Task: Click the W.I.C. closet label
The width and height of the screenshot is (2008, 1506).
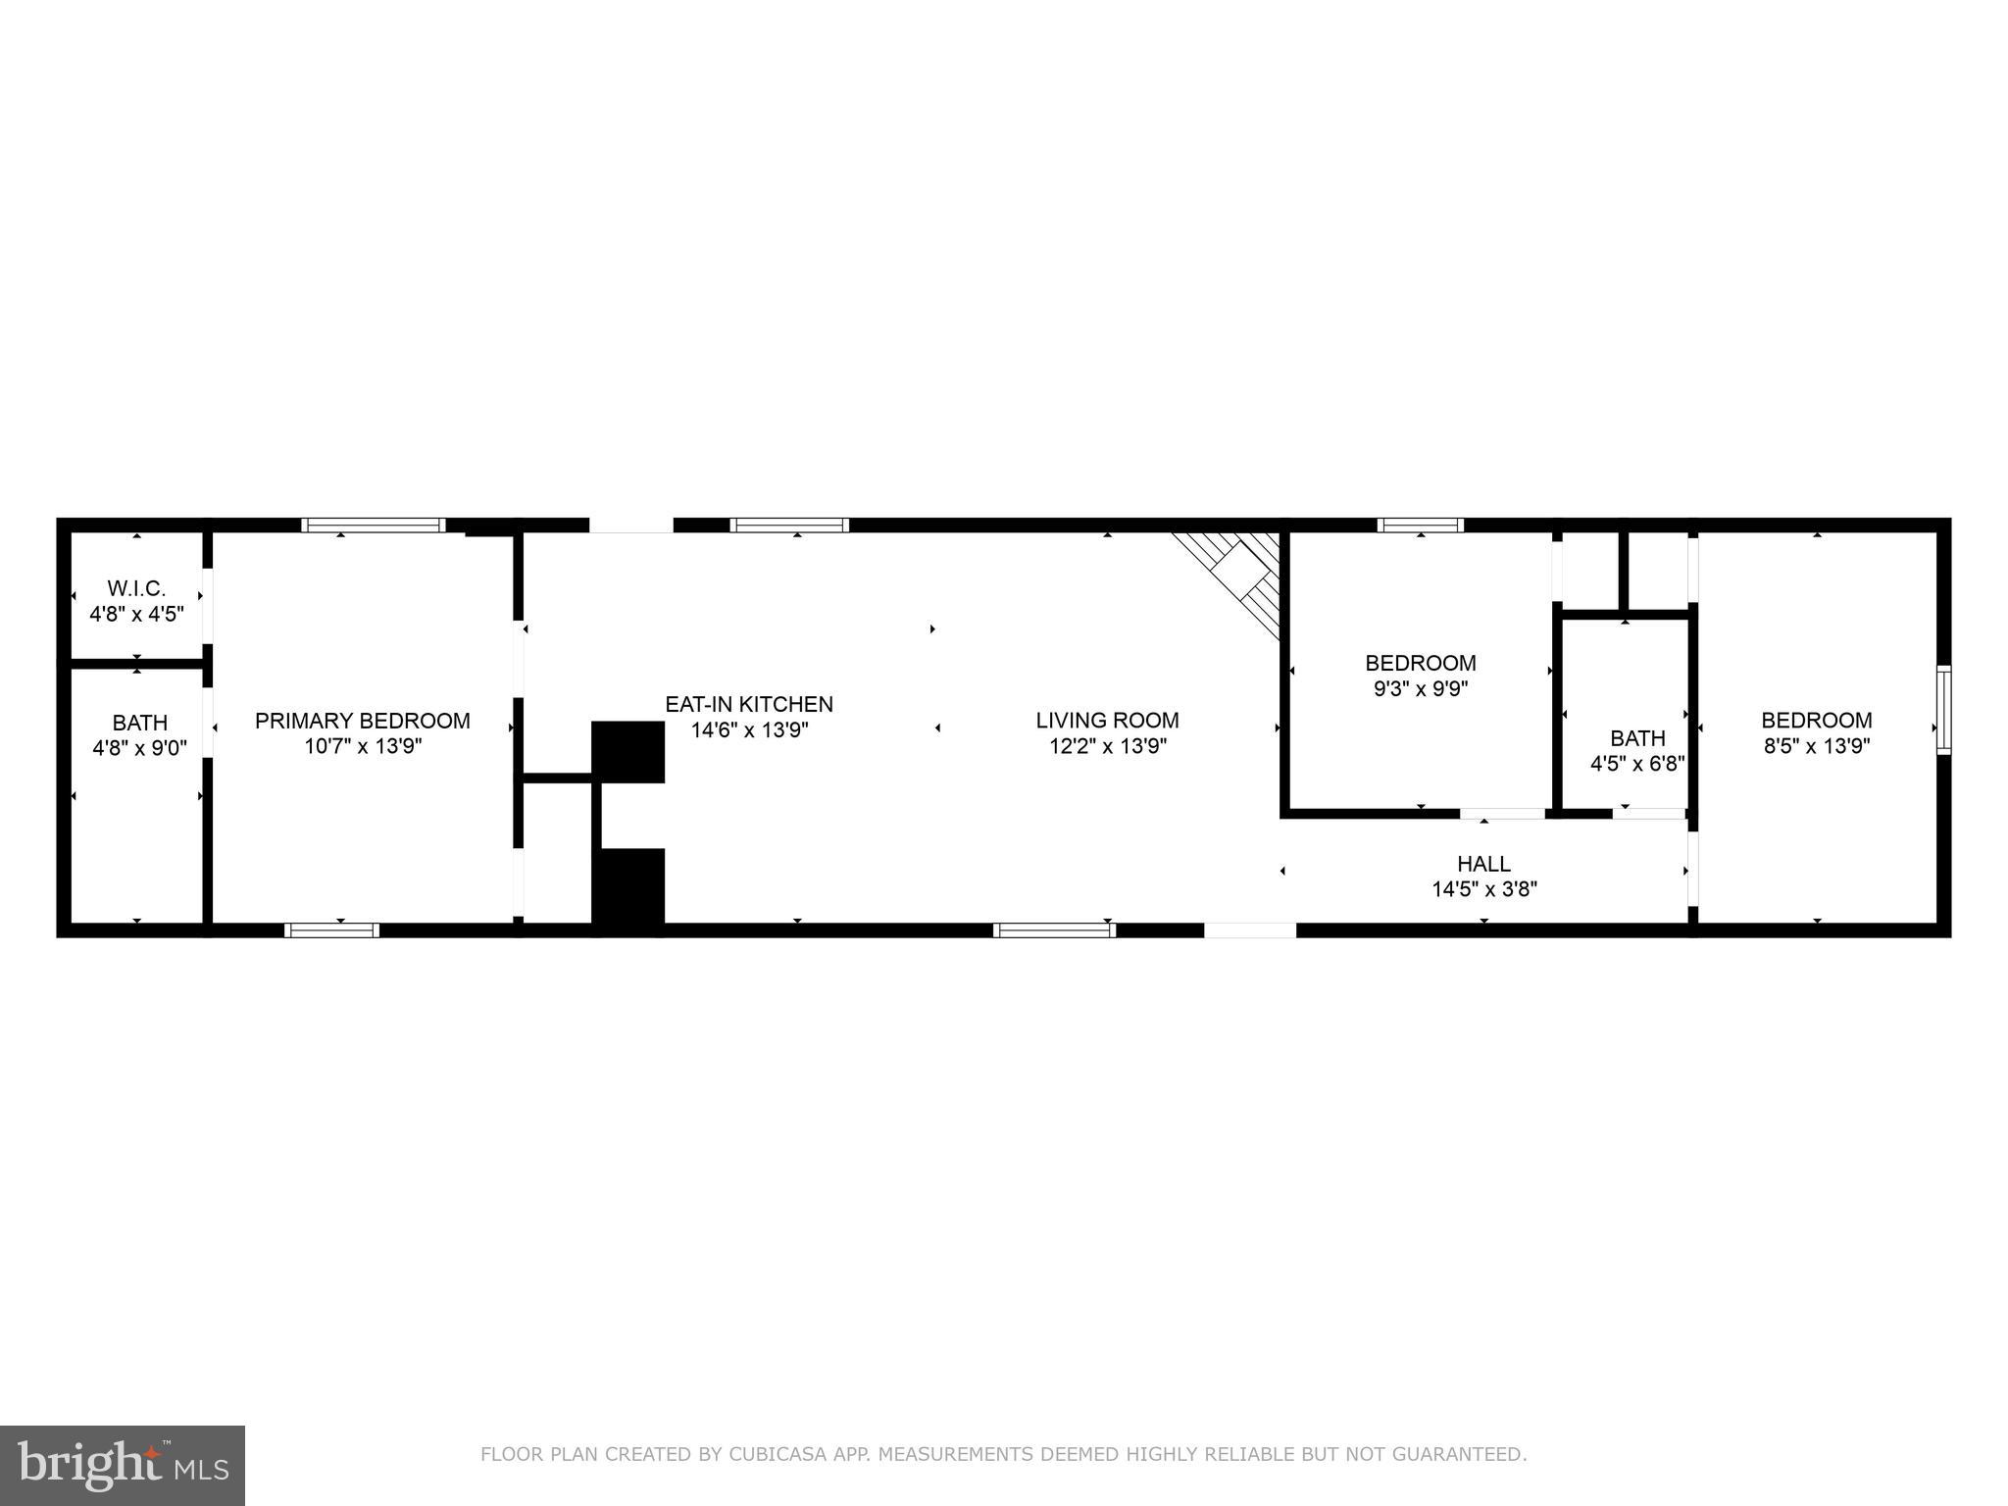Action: point(136,588)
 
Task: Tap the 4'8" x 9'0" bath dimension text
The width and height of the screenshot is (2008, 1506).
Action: point(139,747)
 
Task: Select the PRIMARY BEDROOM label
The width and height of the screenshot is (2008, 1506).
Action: point(363,721)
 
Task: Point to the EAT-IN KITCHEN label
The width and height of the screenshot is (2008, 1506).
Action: point(749,704)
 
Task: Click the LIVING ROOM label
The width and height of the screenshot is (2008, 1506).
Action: point(1107,721)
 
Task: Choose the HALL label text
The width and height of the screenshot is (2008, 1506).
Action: point(1483,864)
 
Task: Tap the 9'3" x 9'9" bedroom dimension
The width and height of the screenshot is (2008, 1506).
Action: point(1421,688)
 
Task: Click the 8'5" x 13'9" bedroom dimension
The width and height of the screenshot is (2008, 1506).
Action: point(1817,746)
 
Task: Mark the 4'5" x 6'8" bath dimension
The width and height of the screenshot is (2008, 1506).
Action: point(1637,763)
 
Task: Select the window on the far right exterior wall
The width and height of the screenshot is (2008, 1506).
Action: point(1943,710)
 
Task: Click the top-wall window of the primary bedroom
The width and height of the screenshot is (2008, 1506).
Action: point(373,526)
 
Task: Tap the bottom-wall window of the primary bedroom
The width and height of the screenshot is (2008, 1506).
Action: point(331,929)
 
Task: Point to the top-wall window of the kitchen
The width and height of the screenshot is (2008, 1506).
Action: point(789,526)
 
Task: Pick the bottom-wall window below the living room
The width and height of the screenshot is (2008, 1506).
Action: point(1054,929)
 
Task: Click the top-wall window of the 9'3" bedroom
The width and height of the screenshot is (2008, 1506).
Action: point(1420,526)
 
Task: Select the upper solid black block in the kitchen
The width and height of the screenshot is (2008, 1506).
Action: point(627,752)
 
